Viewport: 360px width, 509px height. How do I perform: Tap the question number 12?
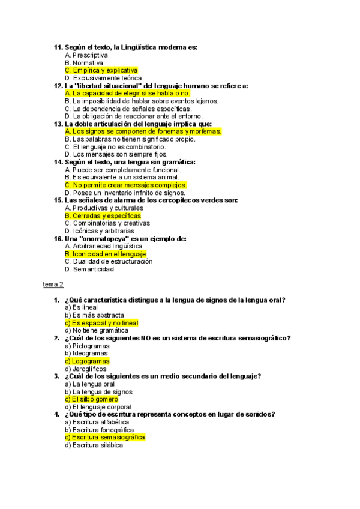(58, 86)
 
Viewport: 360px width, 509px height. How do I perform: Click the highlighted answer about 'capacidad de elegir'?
(127, 94)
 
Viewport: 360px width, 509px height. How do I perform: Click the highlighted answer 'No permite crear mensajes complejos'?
(126, 185)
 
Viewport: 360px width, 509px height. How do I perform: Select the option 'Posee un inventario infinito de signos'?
(125, 193)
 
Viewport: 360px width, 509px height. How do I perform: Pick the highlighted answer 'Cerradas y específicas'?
(103, 215)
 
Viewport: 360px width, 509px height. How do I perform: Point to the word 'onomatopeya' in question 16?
(113, 239)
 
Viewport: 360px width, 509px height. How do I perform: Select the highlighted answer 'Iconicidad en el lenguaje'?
(105, 254)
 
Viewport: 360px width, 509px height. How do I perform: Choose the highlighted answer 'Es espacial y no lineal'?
(101, 323)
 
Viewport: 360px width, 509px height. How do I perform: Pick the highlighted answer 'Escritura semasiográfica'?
(104, 438)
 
